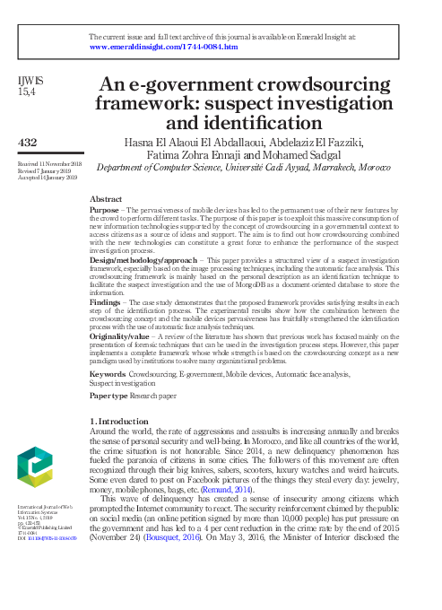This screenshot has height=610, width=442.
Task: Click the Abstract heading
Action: (x=107, y=198)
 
